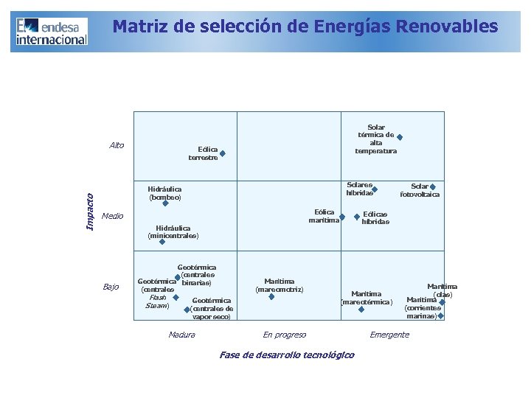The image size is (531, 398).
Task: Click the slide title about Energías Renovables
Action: coord(305,27)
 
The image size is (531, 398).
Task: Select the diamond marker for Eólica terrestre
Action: coord(222,154)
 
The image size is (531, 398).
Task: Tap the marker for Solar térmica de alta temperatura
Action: coord(400,136)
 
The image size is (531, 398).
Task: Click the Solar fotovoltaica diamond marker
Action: coord(433,187)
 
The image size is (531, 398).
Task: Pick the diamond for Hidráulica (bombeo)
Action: coord(165,203)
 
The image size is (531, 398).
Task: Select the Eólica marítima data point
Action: coord(341,217)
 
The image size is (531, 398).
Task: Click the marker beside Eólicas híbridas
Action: coord(358,217)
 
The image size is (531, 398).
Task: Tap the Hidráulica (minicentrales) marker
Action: coord(162,241)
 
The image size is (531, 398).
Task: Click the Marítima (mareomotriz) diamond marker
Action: coord(271,297)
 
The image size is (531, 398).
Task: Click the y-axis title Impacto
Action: coord(90,211)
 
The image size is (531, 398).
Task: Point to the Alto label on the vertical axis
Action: coord(117,145)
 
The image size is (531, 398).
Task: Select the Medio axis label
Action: coord(113,216)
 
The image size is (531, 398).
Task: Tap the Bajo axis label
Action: coord(111,287)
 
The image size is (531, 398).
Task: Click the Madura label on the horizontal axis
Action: coord(181,335)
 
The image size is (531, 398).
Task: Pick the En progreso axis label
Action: coord(285,335)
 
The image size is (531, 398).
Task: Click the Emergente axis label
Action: coord(389,335)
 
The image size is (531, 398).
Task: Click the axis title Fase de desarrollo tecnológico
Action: coord(287,355)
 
